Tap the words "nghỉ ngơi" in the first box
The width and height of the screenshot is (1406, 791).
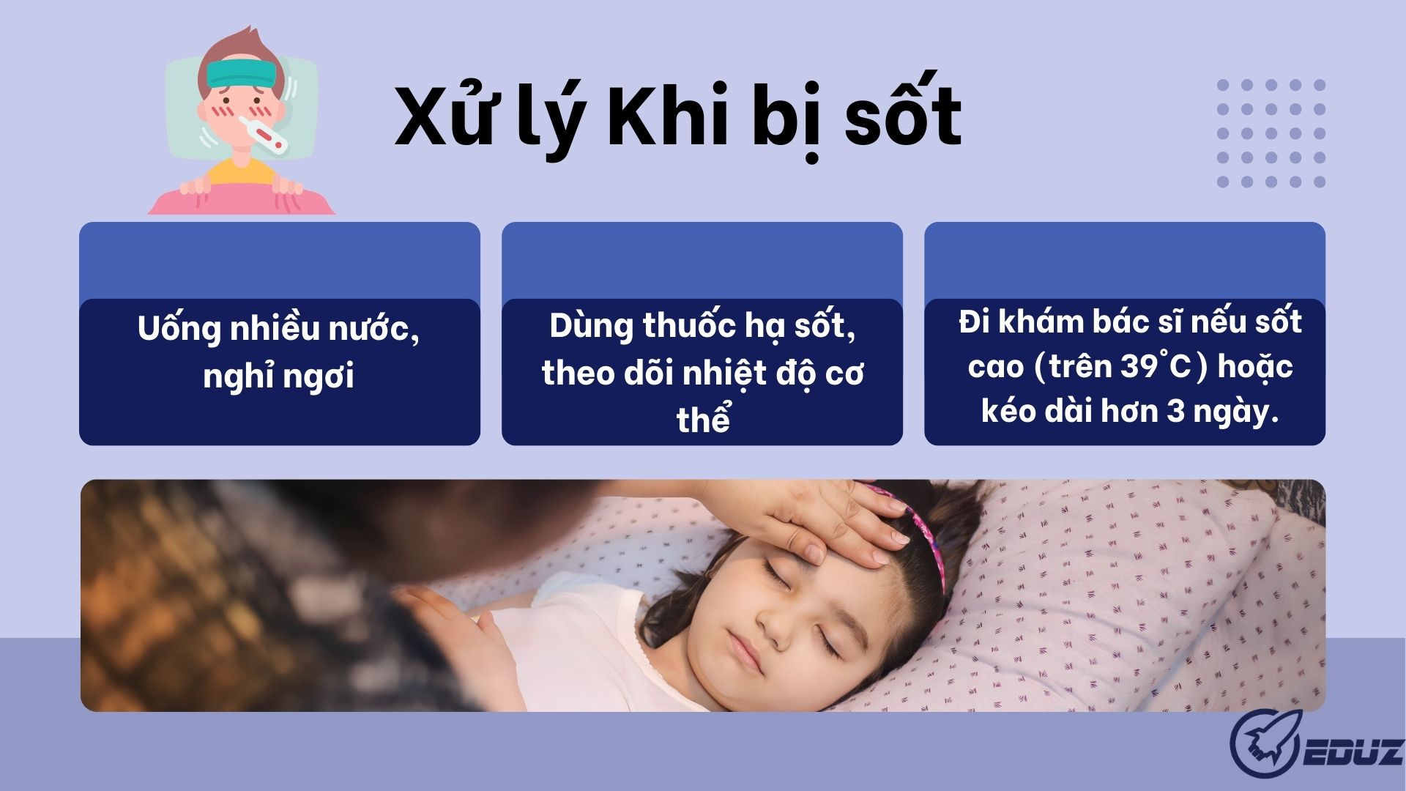(278, 376)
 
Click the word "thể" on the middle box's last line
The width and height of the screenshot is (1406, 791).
(703, 419)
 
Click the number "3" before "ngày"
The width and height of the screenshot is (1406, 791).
(1175, 411)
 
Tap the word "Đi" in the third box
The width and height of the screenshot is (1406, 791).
(974, 322)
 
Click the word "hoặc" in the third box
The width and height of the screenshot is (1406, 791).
(1255, 366)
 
